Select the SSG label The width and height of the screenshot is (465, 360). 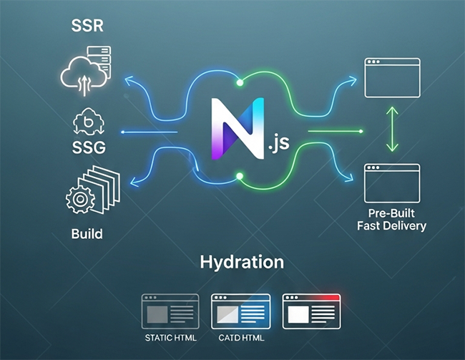89,148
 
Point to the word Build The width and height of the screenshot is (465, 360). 87,234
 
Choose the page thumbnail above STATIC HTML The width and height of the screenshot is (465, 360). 170,311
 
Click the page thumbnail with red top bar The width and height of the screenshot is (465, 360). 310,311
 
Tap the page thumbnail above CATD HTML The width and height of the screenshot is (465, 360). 240,311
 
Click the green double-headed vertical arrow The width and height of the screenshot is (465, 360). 391,130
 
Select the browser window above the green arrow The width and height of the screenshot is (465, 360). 392,77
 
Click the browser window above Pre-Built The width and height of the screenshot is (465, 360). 392,182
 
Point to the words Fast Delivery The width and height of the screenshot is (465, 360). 391,226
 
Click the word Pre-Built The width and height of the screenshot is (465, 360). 392,213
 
